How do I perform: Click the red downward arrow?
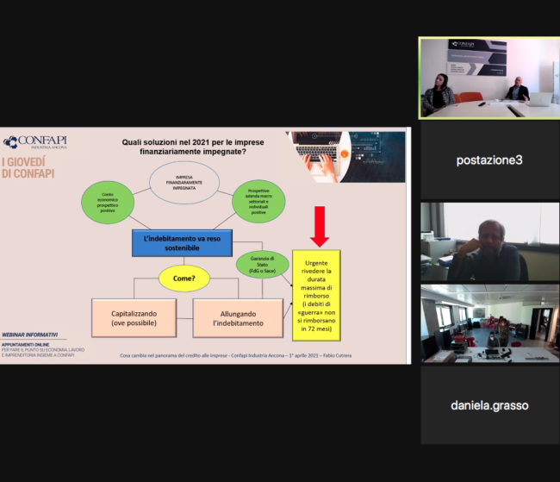[317, 226]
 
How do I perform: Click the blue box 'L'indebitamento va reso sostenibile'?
[183, 242]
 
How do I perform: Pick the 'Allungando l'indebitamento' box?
[238, 316]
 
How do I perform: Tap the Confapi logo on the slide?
[35, 142]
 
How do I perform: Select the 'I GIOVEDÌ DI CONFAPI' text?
[31, 167]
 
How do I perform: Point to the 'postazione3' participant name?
[489, 160]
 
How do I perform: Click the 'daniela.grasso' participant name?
[489, 404]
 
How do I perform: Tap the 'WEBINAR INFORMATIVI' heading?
[30, 335]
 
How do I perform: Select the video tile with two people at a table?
[488, 78]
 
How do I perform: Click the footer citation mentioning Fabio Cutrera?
[234, 355]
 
